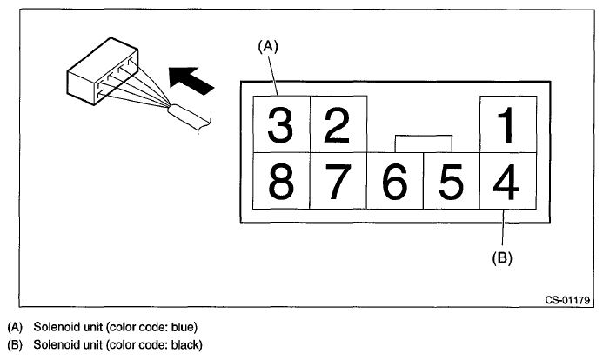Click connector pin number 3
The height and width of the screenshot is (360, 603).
tap(280, 124)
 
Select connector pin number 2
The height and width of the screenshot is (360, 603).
tap(338, 124)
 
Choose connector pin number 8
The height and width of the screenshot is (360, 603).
tap(280, 181)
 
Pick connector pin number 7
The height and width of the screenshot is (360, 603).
tap(338, 181)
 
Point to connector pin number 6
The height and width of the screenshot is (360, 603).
tap(394, 181)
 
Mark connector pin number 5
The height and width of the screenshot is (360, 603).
tap(451, 181)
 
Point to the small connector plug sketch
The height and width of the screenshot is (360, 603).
tap(100, 74)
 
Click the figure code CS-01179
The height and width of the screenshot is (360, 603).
tap(568, 301)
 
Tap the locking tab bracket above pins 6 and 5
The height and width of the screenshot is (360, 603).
tap(423, 141)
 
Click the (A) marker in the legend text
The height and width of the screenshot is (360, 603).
tap(13, 328)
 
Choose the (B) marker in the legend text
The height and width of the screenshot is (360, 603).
tap(13, 345)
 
